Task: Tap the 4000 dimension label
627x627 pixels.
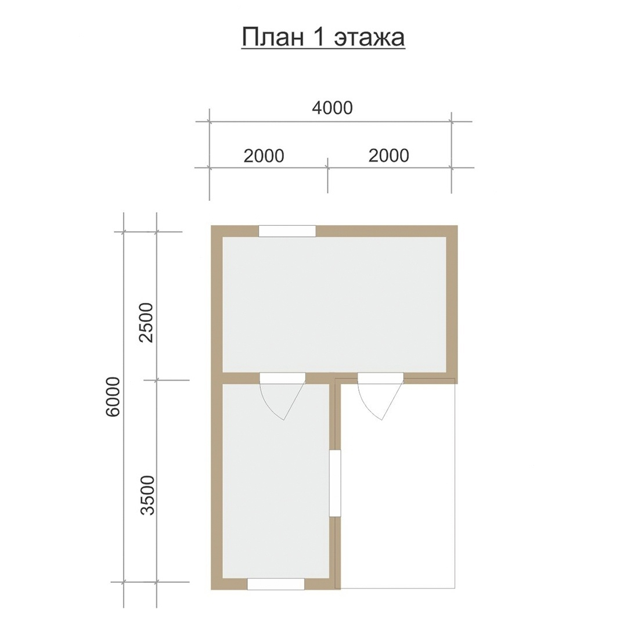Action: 332,107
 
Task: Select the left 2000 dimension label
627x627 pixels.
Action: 264,156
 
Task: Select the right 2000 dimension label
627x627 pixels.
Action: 388,155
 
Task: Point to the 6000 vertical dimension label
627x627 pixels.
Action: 113,397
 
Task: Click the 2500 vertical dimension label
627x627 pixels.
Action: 146,322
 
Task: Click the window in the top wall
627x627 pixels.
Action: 287,231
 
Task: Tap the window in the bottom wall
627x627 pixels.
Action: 276,584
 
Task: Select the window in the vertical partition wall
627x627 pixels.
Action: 335,484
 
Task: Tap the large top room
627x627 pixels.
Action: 334,305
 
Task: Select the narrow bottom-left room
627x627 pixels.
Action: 276,481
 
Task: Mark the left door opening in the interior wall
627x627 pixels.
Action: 283,378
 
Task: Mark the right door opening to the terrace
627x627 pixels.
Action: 380,378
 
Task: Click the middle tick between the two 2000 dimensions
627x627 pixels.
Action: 328,168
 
